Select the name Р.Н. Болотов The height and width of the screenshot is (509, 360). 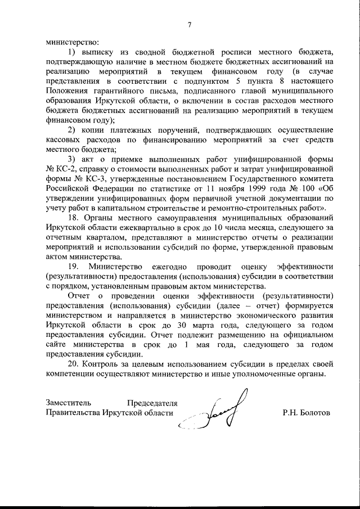coord(307,413)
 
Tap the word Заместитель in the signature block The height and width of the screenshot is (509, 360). coord(67,403)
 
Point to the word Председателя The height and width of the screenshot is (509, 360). coord(152,403)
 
